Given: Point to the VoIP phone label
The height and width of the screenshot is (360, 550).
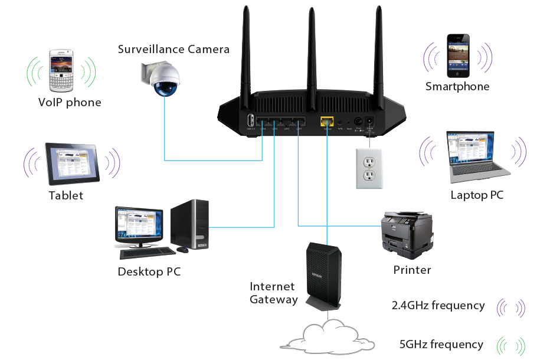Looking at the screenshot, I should [70, 103].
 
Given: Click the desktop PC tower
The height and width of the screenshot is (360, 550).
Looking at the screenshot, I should [190, 224].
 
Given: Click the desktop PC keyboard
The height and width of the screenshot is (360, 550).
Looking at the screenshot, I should [147, 253].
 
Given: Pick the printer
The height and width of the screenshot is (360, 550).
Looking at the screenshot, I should [407, 235].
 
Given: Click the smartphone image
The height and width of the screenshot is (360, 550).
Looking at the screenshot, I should [457, 55].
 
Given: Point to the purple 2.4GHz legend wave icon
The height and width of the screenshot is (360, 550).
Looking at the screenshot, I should [510, 307].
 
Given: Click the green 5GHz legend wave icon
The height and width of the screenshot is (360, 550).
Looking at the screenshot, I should [510, 345].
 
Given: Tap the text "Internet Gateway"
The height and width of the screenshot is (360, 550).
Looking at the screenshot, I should [273, 293].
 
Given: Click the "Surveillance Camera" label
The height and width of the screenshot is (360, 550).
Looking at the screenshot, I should [173, 49].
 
